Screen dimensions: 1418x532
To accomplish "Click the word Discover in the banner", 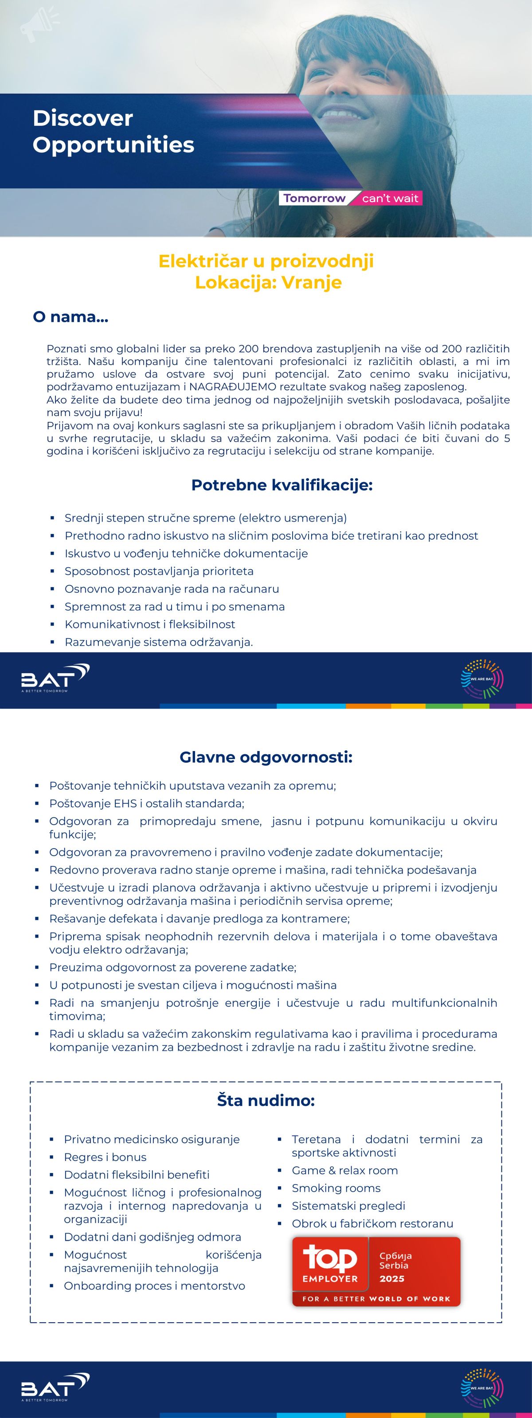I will (82, 118).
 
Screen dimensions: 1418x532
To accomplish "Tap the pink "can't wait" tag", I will (390, 198).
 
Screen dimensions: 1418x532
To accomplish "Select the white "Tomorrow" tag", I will (314, 198).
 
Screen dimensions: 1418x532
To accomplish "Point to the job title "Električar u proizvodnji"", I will (266, 261).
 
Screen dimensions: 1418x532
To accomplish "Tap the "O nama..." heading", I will (70, 317).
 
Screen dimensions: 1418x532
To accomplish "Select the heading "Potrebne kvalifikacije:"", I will (282, 486).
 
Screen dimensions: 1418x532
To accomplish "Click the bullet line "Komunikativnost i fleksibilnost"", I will (150, 624).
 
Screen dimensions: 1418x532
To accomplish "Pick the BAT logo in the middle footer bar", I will (55, 678).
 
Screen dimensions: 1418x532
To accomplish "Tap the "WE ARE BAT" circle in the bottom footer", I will (482, 1388).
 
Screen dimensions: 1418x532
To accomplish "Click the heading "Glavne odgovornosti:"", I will (266, 757).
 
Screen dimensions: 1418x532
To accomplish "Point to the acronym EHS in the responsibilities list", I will (125, 803).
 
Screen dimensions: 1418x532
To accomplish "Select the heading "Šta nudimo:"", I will (266, 1100).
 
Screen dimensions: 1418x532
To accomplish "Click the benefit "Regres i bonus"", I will (105, 1157).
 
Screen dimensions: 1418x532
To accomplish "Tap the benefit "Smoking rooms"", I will (336, 1188).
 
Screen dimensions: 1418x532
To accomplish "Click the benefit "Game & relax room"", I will (345, 1170).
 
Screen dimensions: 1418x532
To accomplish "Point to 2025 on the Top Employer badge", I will (391, 1278).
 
